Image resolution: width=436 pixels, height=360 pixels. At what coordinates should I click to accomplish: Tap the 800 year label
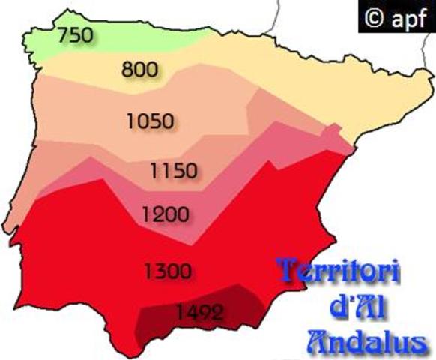(x=139, y=70)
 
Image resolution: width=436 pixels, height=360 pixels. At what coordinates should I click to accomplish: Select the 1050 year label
(x=151, y=121)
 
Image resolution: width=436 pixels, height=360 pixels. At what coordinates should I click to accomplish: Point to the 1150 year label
(x=174, y=171)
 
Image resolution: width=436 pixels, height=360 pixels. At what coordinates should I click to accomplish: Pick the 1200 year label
(x=165, y=214)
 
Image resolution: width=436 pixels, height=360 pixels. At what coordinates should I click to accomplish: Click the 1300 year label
(x=169, y=270)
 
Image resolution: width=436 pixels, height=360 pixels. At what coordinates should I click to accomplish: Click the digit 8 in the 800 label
(x=127, y=70)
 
